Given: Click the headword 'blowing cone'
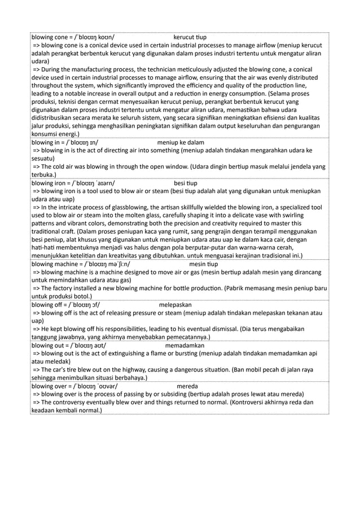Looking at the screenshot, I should pyautogui.click(x=49, y=37).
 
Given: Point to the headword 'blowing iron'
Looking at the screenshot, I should pyautogui.click(x=48, y=184).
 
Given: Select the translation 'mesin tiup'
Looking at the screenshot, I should pyautogui.click(x=205, y=264).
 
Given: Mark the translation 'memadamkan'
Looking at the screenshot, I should pyautogui.click(x=185, y=345).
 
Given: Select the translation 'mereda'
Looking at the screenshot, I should pyautogui.click(x=187, y=386).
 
